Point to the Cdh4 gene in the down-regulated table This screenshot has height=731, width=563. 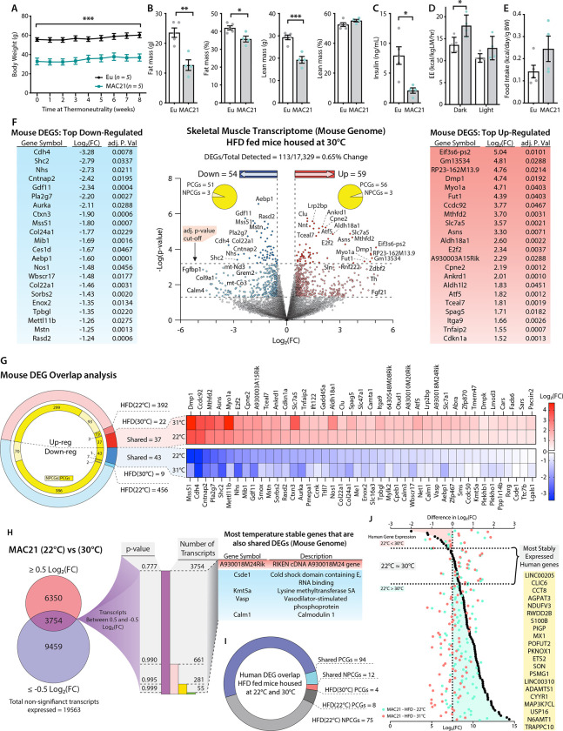tap(22, 151)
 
